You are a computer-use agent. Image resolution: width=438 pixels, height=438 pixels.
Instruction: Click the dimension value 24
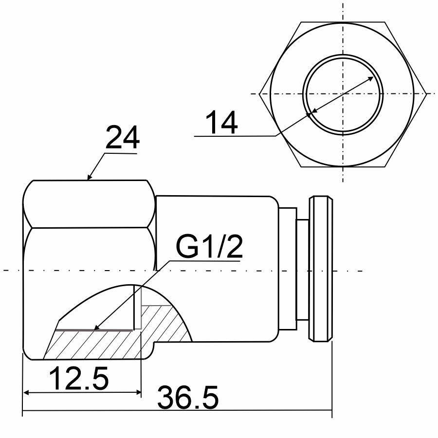(x=122, y=138)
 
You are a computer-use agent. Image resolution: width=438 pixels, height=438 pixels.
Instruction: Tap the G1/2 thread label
(x=209, y=246)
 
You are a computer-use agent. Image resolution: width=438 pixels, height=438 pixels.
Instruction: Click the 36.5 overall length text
(x=188, y=397)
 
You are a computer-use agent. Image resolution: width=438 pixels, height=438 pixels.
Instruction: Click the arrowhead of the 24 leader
(x=89, y=177)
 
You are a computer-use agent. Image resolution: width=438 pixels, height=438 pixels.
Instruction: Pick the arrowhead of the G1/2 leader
(x=96, y=328)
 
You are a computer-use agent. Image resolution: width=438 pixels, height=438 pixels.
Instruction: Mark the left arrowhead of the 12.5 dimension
(x=26, y=393)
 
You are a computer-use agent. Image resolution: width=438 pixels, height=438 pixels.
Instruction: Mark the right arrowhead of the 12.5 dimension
(x=138, y=393)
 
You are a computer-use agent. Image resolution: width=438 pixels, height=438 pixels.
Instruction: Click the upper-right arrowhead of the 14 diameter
(x=371, y=78)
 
